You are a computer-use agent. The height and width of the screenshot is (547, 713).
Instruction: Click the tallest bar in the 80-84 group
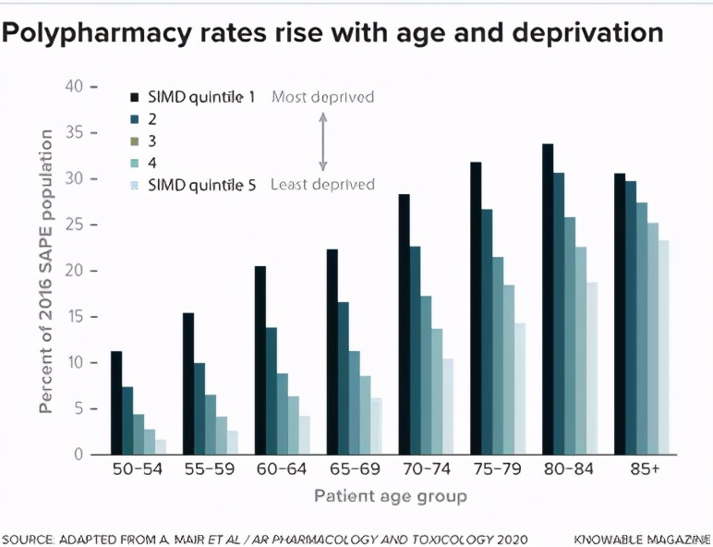[548, 299]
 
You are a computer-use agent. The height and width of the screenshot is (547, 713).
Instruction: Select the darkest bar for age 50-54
[116, 403]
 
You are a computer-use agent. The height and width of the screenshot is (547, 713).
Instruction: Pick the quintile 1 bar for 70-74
[404, 324]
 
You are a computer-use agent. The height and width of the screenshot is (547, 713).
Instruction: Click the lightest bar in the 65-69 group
[376, 426]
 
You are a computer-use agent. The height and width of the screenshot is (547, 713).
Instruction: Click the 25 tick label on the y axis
[74, 225]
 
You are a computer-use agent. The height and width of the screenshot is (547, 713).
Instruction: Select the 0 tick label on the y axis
[79, 455]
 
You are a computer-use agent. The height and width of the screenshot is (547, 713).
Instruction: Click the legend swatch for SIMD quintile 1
[135, 96]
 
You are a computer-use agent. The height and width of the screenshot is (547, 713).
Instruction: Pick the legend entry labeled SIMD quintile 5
[200, 184]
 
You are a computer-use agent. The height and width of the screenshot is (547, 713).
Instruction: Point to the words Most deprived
[322, 96]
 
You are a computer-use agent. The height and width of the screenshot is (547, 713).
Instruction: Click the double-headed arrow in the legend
[323, 140]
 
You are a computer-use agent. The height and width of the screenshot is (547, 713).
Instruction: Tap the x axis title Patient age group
[390, 496]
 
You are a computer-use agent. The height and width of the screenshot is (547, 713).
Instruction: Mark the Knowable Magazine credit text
[641, 538]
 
